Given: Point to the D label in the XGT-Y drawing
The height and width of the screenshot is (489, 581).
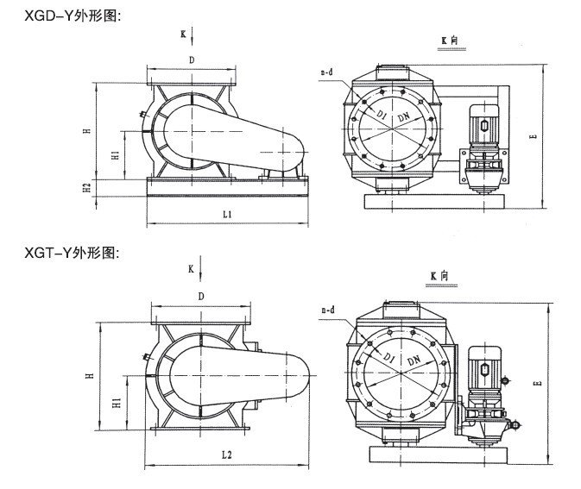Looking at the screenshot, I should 200,297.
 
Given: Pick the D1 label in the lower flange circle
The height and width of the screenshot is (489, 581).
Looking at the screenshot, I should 389,356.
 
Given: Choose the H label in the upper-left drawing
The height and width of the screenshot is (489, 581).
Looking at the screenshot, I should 86,131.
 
